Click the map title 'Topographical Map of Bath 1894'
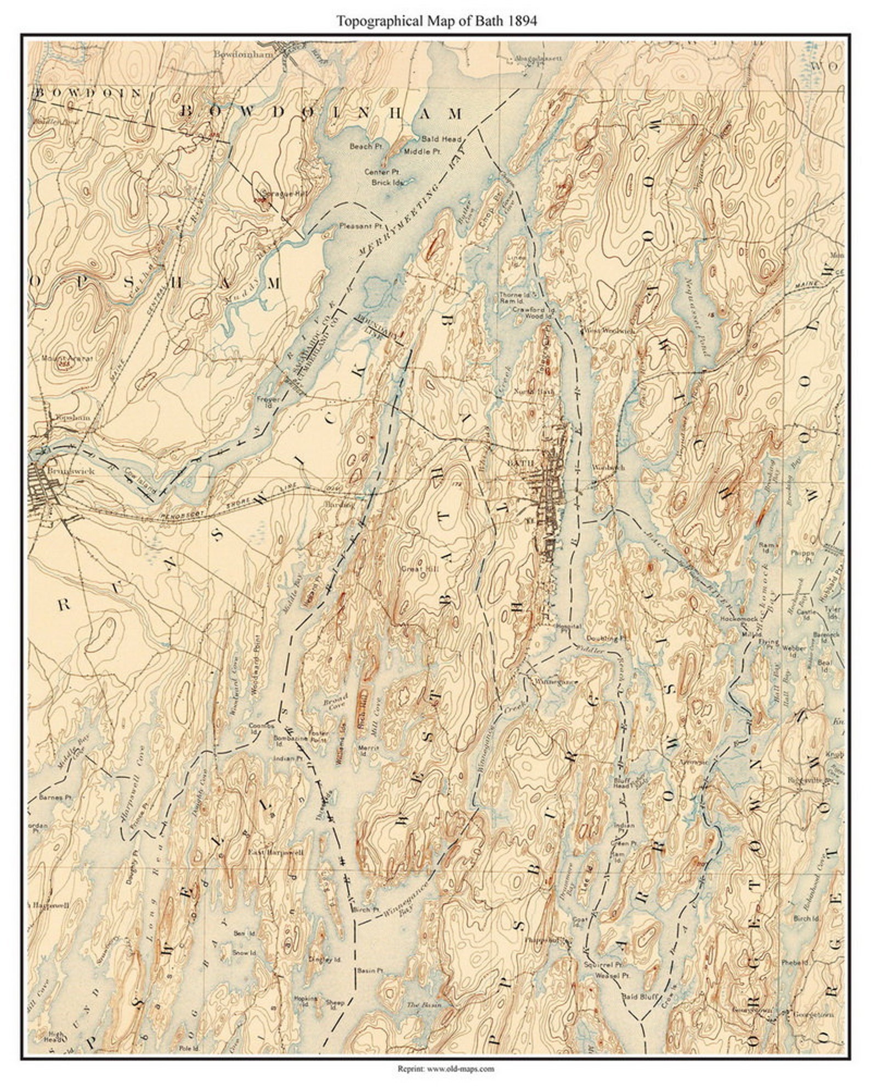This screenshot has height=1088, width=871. click(436, 21)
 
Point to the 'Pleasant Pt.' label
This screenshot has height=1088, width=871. click(361, 225)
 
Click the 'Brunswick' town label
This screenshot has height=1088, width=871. click(64, 471)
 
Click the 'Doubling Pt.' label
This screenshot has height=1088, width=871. click(602, 639)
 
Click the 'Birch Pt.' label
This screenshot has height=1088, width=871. click(367, 909)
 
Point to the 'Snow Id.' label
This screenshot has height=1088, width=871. click(244, 953)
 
